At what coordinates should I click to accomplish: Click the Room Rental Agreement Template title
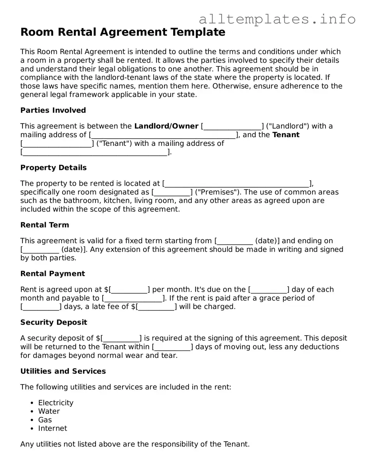coord(123,32)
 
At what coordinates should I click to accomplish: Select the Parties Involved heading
coord(53,110)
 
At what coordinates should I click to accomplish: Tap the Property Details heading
coord(53,168)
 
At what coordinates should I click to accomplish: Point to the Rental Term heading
coord(44,225)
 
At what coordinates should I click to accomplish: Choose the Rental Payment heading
coord(53,274)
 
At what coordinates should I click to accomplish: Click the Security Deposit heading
coord(54,322)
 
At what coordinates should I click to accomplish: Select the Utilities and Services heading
coord(63,371)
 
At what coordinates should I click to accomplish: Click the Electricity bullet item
coord(56,403)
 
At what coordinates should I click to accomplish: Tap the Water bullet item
coord(49,411)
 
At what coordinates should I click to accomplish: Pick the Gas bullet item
coord(45,420)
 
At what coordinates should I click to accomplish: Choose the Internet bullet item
coord(53,428)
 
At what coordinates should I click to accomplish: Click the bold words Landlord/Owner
coord(166,126)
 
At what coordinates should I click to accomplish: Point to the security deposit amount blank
coord(121,339)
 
